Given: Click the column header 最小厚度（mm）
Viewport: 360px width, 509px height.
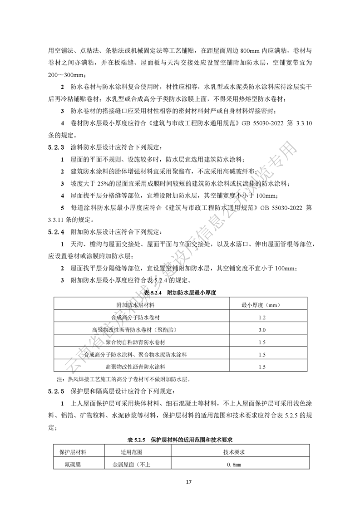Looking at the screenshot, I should coord(262,305).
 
